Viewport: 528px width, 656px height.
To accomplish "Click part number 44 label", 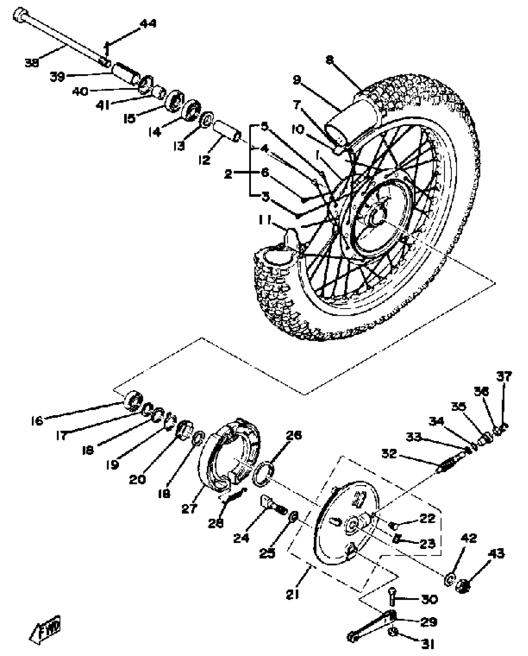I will pyautogui.click(x=148, y=24).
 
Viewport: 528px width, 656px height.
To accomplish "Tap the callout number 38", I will pyautogui.click(x=31, y=63).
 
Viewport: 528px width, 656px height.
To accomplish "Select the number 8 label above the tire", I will pyautogui.click(x=330, y=60).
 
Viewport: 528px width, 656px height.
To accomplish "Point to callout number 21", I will pyautogui.click(x=292, y=594).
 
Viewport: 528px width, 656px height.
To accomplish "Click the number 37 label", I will pyautogui.click(x=504, y=376).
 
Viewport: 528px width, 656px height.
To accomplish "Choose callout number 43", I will pyautogui.click(x=496, y=553).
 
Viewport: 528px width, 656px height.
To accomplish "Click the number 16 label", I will pyautogui.click(x=37, y=421).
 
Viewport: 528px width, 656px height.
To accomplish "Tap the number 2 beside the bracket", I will pyautogui.click(x=228, y=174).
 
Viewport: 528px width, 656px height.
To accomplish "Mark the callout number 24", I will pyautogui.click(x=241, y=538).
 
